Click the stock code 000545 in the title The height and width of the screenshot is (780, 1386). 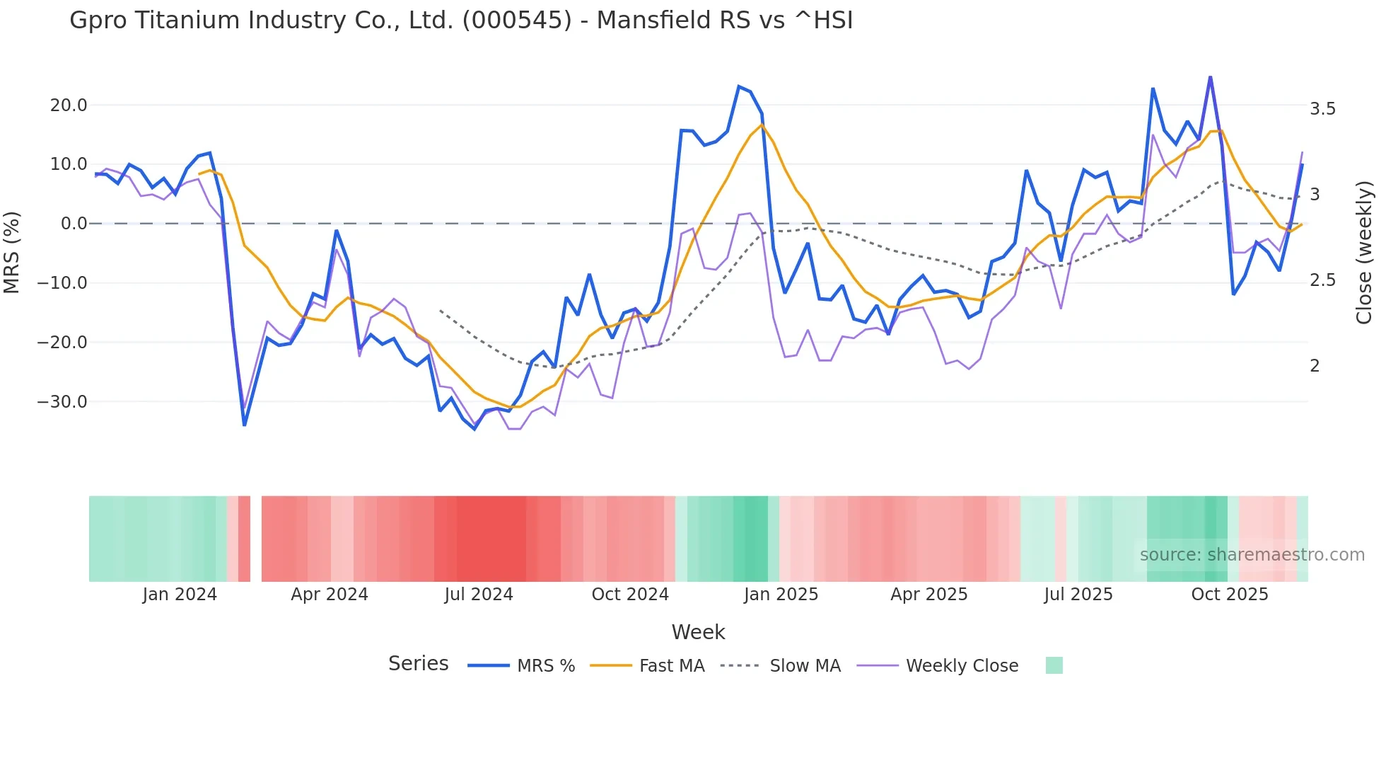[516, 21]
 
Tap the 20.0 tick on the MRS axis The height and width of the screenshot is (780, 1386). [69, 105]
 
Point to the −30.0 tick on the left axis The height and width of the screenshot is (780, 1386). [62, 402]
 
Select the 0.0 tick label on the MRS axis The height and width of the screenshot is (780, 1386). [74, 224]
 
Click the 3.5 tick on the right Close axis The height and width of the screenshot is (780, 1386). [1322, 109]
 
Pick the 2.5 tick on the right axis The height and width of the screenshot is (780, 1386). [1322, 280]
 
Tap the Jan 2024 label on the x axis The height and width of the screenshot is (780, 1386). [180, 595]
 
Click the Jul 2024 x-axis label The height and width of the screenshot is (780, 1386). [479, 595]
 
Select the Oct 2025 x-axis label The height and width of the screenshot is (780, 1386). [1230, 595]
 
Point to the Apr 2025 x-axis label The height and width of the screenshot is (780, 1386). [928, 595]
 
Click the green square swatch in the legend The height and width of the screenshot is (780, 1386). [1054, 665]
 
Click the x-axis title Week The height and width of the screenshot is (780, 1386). [698, 632]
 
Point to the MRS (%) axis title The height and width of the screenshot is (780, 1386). [12, 253]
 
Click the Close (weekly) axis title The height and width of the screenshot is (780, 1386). [1364, 253]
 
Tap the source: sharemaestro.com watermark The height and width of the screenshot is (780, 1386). [1252, 555]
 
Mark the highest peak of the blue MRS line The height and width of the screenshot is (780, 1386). [1210, 77]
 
